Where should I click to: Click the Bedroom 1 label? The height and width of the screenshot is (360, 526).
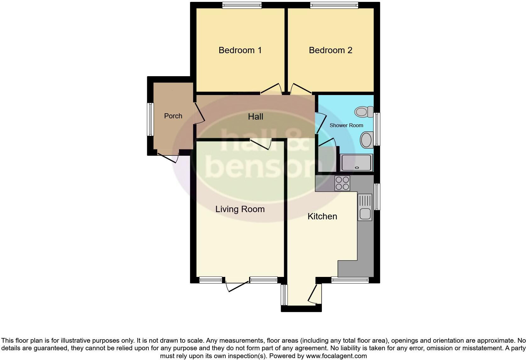point(240,50)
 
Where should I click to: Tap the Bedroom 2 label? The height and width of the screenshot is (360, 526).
point(330,50)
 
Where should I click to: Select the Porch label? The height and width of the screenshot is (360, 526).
point(173,116)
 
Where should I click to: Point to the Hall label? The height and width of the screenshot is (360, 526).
point(255,117)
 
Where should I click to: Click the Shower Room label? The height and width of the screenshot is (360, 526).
point(346,125)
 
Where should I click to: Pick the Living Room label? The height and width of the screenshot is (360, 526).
point(240,209)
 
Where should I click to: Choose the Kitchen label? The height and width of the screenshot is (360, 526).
point(322,217)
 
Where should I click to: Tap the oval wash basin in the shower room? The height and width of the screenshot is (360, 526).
point(367,140)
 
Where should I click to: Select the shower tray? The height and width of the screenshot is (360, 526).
point(357,162)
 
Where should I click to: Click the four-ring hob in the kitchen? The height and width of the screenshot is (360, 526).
point(342,183)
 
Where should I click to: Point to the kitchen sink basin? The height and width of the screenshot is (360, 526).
point(365,214)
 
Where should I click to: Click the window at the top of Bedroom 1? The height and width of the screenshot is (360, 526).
point(242,5)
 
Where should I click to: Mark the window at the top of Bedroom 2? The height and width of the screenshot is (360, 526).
point(334,5)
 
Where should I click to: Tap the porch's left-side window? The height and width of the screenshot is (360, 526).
point(150,120)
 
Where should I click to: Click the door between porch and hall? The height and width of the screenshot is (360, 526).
point(199,113)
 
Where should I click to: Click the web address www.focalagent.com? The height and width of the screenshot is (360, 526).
point(336,356)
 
